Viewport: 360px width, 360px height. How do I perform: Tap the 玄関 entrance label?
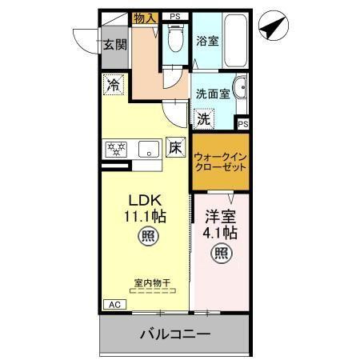pyautogui.click(x=114, y=45)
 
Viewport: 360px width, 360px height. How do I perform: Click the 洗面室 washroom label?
pyautogui.click(x=213, y=93)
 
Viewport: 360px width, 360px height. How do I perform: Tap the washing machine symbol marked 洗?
pyautogui.click(x=204, y=118)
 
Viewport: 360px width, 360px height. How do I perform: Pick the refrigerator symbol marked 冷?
pyautogui.click(x=114, y=84)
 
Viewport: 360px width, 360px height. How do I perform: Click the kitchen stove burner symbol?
pyautogui.click(x=117, y=148)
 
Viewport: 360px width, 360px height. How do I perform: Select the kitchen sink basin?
pyautogui.click(x=149, y=149)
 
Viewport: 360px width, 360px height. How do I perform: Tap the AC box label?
pyautogui.click(x=114, y=305)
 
